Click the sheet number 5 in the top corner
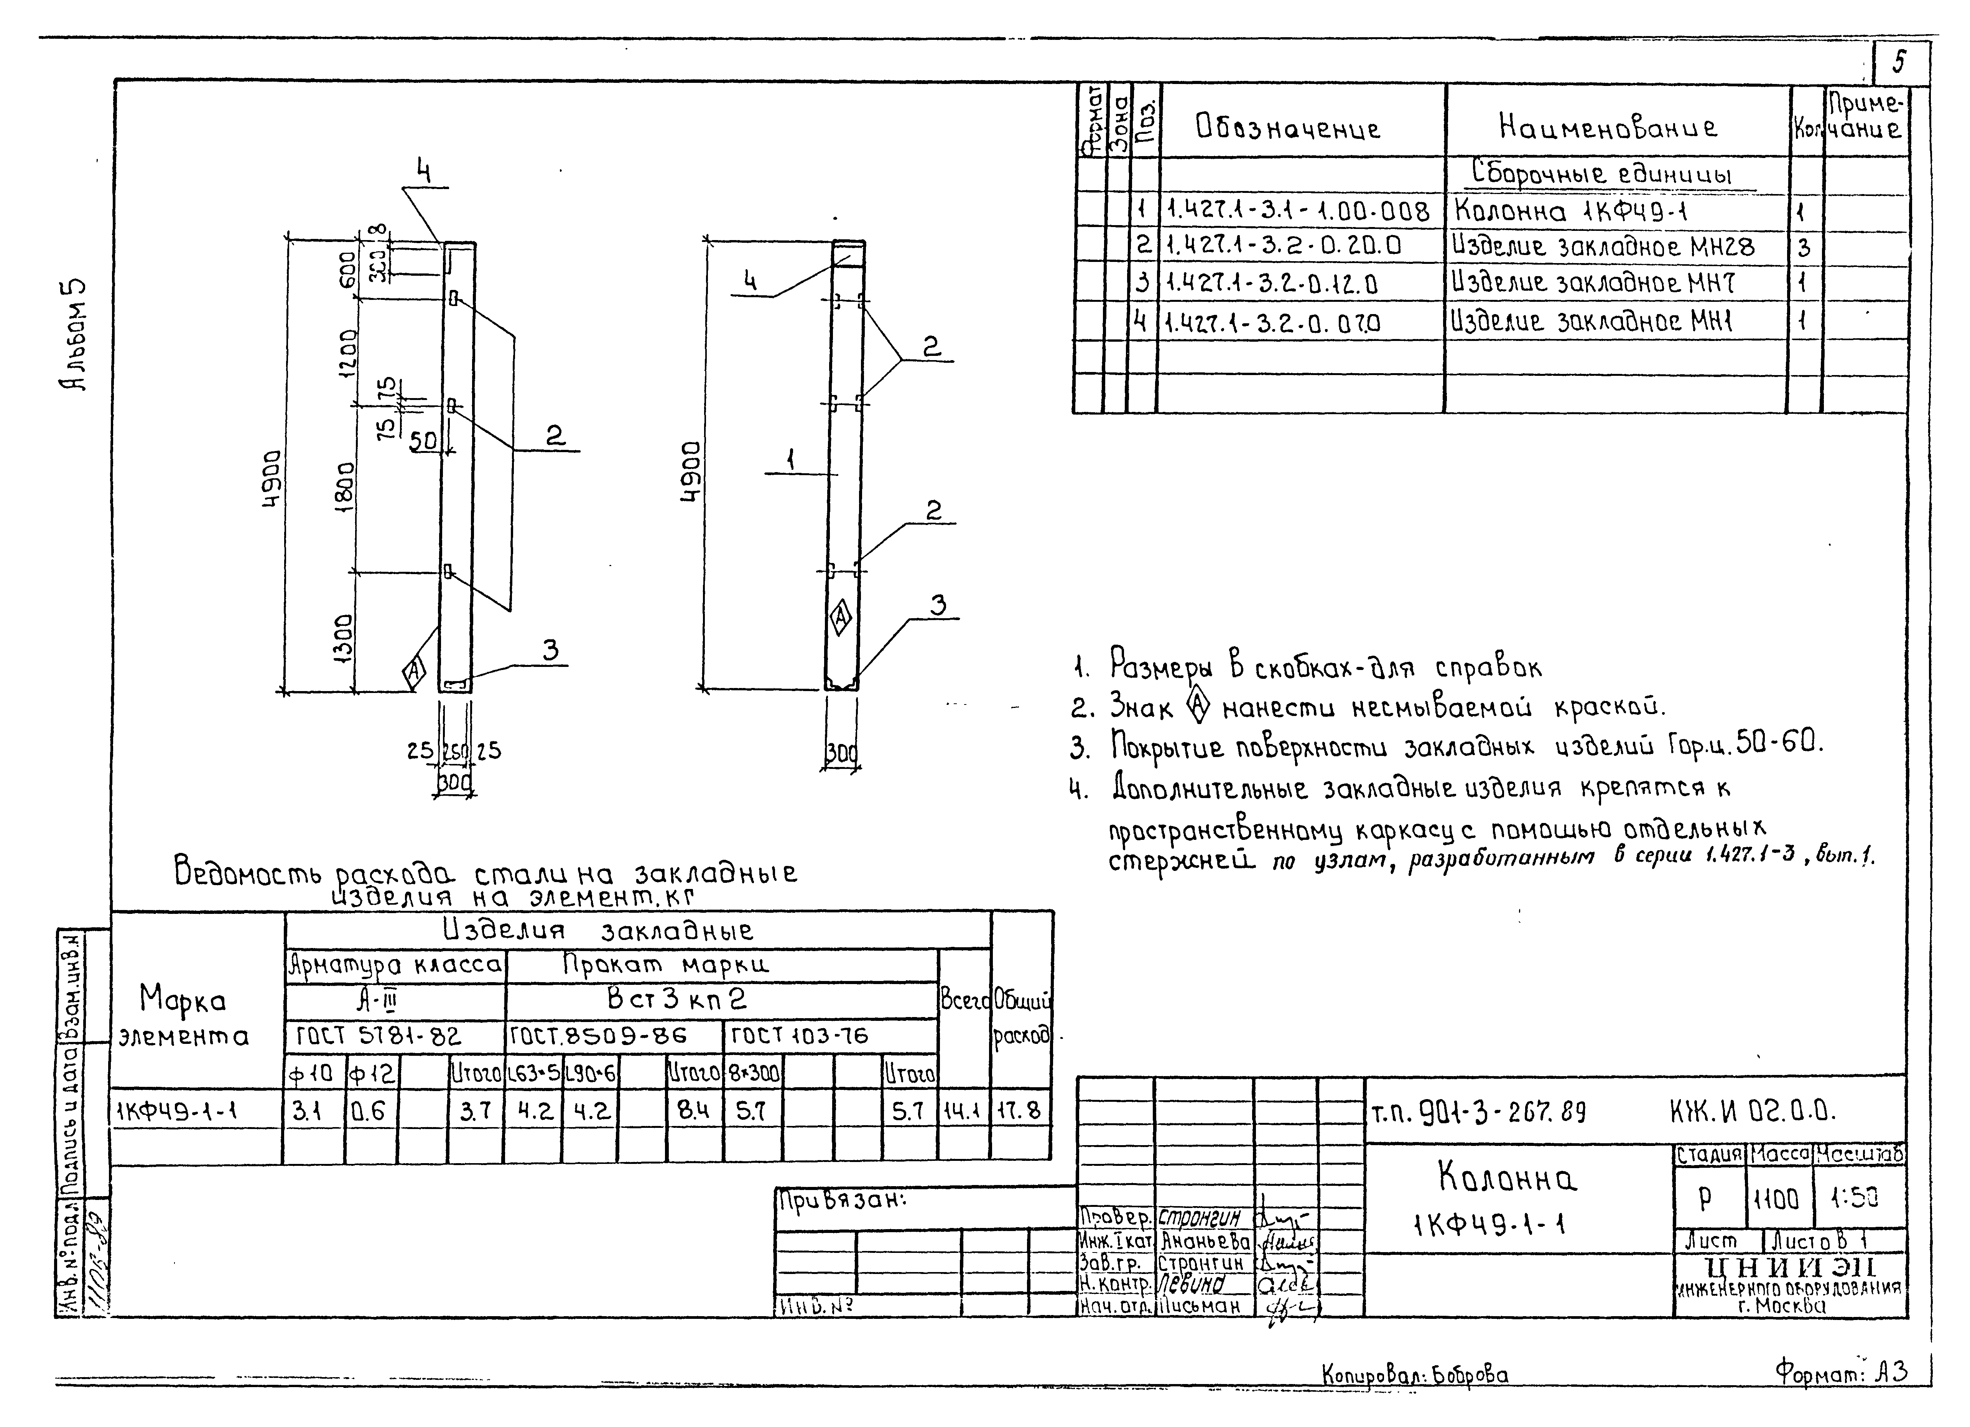(x=1900, y=62)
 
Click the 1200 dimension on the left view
(x=346, y=352)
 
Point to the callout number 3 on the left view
(x=550, y=650)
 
